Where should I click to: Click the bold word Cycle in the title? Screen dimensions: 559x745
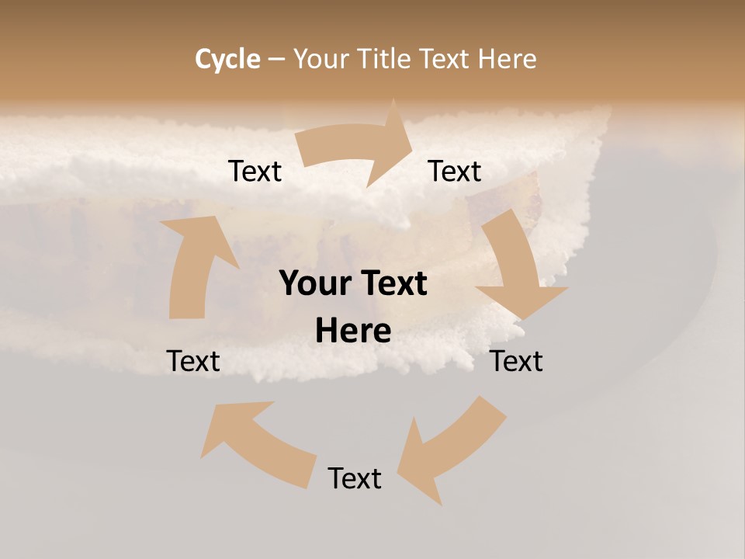(227, 59)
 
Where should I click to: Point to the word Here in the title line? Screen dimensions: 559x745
(508, 59)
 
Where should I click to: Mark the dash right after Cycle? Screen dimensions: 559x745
(276, 59)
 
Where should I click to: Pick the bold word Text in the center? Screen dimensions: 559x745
(393, 283)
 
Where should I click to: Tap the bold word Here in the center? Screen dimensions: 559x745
(353, 331)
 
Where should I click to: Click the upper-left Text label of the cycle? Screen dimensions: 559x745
(255, 171)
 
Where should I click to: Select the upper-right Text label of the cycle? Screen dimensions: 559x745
(455, 171)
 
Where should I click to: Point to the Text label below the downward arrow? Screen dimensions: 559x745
(516, 361)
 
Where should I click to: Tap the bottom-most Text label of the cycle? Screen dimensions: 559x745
(355, 478)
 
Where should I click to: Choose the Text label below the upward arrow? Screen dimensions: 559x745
(193, 361)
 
